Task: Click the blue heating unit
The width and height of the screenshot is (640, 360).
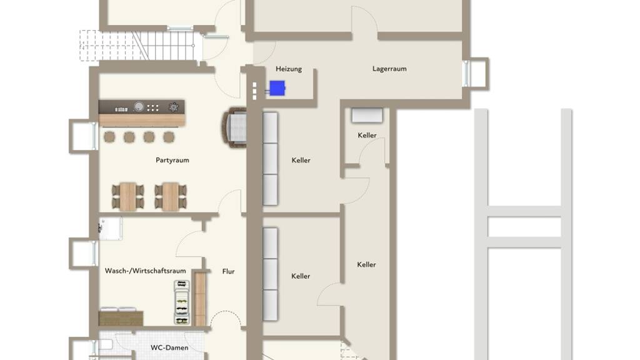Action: [277, 88]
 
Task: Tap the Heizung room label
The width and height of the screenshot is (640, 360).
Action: [289, 69]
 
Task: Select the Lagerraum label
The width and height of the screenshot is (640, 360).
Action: [389, 69]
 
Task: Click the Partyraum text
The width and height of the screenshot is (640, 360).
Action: [172, 160]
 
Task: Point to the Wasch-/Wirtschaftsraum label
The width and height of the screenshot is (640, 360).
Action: [145, 271]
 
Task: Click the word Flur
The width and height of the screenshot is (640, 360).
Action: [229, 271]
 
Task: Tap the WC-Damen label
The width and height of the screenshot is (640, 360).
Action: [169, 347]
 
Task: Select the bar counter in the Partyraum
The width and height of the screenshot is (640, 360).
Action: [142, 113]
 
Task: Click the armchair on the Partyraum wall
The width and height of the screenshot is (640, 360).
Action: [235, 127]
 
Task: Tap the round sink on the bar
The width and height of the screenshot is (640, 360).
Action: [139, 106]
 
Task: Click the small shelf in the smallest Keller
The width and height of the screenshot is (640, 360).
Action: [367, 115]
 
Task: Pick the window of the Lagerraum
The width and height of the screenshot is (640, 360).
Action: [466, 74]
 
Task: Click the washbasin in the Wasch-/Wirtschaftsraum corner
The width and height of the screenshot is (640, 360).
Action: [110, 229]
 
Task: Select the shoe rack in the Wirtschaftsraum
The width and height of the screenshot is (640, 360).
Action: [182, 302]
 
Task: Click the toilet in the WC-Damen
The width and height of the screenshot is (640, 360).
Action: [104, 345]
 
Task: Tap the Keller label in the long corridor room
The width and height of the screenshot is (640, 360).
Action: [366, 264]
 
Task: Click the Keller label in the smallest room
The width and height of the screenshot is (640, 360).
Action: [367, 135]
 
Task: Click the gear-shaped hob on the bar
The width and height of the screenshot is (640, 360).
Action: [174, 107]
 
